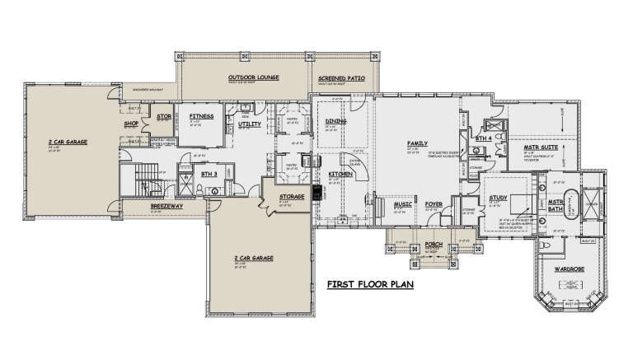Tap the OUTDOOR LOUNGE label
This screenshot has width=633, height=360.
(254, 77)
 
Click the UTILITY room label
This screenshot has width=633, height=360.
(250, 124)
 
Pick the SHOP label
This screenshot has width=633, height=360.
(130, 124)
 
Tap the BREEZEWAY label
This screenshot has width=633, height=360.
(160, 206)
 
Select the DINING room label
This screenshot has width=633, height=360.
(335, 121)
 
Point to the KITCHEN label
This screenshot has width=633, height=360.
(341, 175)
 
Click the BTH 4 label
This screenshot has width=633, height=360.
(482, 139)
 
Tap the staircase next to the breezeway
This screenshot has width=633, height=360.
(137, 179)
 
